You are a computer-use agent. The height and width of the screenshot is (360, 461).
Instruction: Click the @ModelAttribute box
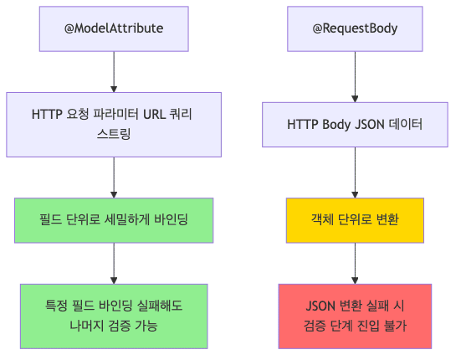tap(114, 28)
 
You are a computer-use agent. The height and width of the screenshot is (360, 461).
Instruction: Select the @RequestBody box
tap(355, 28)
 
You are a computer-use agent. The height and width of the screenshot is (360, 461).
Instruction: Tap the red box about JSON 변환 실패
tap(355, 316)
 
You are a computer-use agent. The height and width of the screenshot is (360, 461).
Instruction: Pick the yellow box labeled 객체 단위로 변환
tap(355, 219)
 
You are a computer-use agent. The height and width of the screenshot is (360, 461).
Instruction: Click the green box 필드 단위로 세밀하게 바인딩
tap(114, 219)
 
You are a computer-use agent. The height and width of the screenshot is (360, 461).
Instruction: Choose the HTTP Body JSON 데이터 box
tap(355, 124)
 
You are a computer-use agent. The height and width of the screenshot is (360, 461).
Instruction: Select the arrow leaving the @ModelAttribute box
tap(114, 70)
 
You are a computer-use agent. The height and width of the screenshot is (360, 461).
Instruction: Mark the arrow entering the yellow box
tap(355, 172)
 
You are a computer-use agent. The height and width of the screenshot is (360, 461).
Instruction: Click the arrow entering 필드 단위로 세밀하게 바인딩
tap(114, 177)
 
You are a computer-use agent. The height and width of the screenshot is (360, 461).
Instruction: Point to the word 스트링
tap(114, 134)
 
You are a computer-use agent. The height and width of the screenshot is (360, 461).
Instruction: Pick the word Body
tap(338, 124)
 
